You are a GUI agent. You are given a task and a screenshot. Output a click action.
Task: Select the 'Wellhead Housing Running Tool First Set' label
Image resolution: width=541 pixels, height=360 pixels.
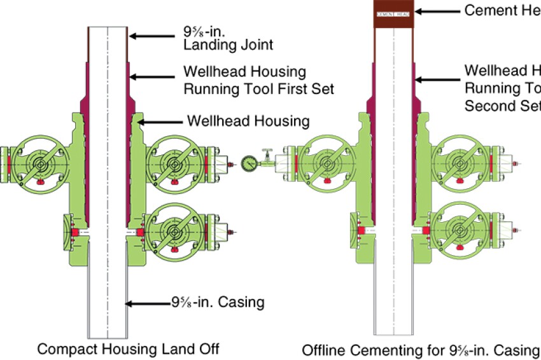coord(258,80)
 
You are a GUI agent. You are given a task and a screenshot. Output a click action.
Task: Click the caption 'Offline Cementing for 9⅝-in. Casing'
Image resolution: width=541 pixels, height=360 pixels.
coord(419,349)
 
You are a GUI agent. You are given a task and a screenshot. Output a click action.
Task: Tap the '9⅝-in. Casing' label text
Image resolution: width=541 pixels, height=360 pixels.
coord(217,302)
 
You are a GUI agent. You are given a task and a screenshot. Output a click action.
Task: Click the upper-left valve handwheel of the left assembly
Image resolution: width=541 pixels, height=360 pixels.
coord(41,163)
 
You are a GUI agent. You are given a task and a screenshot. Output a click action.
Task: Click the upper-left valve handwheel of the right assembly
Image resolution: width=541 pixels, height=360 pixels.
coord(327,163)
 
